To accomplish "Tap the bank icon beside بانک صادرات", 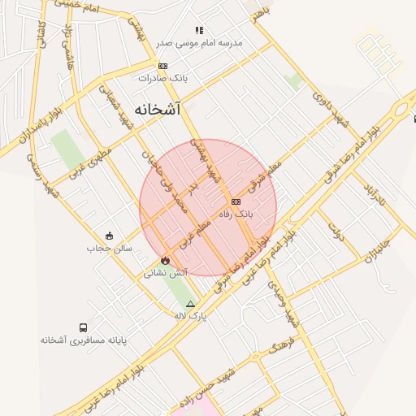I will (x=163, y=67).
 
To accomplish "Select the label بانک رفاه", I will (x=236, y=214).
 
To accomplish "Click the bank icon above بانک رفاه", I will (x=236, y=201).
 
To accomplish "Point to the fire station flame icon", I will (x=165, y=260).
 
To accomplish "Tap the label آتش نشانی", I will (x=166, y=273).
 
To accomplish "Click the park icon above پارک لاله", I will (x=191, y=304).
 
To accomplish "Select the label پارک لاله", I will (x=191, y=316).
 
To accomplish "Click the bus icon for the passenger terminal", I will (x=84, y=327).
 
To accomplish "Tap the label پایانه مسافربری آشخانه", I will (x=84, y=340).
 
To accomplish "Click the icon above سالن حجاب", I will (x=109, y=236).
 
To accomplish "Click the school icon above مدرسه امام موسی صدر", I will (x=200, y=31).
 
